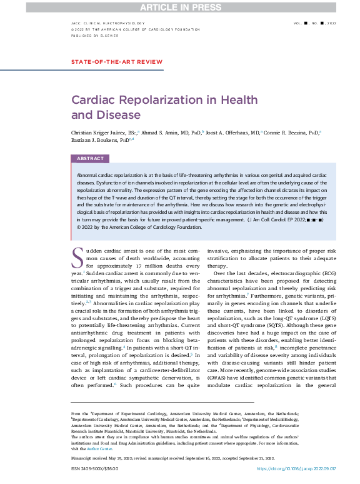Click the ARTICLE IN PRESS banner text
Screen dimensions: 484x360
(179, 6)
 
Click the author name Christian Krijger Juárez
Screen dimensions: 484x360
(99, 133)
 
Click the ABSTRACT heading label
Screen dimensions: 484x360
(90, 159)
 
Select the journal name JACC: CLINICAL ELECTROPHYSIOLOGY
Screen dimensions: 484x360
(108, 23)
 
